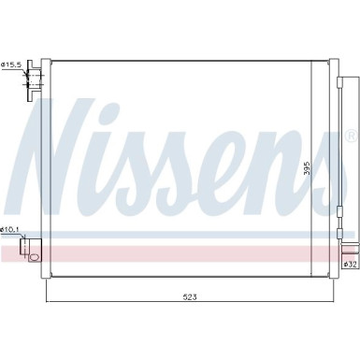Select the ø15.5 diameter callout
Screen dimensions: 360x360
pyautogui.click(x=12, y=65)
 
